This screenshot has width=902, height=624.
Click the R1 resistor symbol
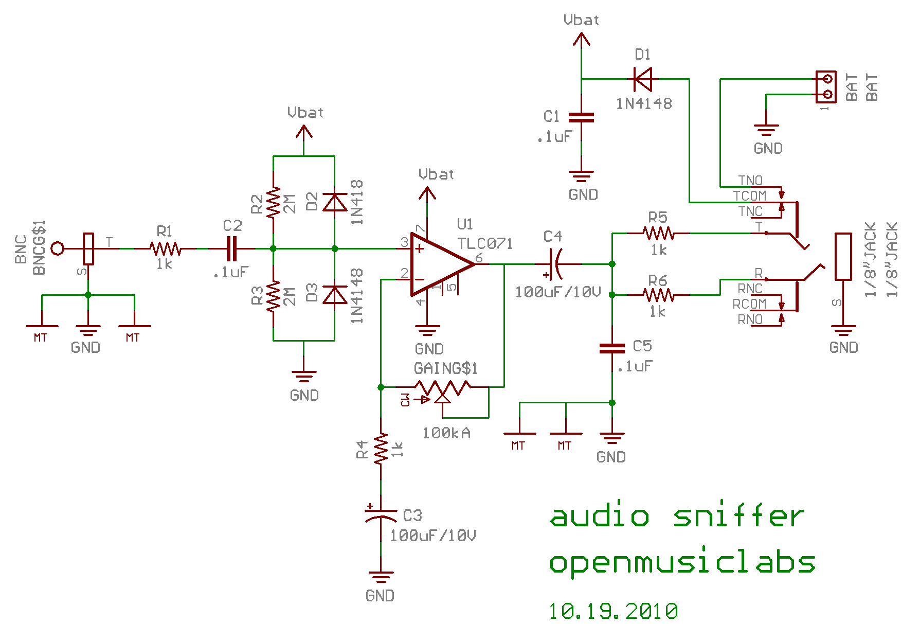coord(166,249)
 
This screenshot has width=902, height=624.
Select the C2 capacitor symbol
coord(232,249)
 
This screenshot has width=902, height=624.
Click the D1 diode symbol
coord(643,79)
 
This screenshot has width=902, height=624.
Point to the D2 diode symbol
coord(334,202)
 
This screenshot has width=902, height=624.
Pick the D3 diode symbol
coord(334,295)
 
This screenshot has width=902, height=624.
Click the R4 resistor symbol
coord(381,449)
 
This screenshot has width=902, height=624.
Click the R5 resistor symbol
coord(658,234)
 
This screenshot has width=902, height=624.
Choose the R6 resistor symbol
coord(658,295)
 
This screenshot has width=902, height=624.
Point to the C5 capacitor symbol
coord(612,349)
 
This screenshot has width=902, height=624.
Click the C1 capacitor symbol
coord(582,118)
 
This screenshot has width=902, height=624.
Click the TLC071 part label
coord(485,243)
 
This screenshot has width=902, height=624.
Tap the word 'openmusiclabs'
coord(682,562)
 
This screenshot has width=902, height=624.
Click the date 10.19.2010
coord(613,611)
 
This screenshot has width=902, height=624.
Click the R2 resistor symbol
coord(273,202)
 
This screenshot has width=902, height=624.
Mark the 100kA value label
coord(446,433)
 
